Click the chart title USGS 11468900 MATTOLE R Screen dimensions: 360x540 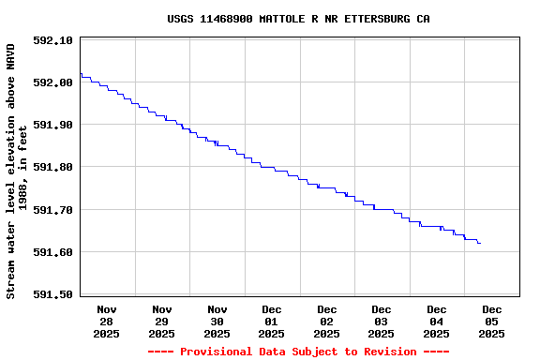(x=299, y=19)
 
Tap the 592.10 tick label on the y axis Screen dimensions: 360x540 (x=52, y=40)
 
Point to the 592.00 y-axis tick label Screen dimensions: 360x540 (x=52, y=82)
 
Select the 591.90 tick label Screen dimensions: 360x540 (x=52, y=125)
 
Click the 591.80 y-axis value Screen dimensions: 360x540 (x=52, y=167)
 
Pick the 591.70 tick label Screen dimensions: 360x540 (x=52, y=210)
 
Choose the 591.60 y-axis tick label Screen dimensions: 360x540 (x=52, y=252)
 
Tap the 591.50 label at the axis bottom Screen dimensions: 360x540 (x=52, y=294)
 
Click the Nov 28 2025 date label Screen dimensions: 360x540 (x=107, y=321)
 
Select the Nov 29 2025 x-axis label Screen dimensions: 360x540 (x=162, y=321)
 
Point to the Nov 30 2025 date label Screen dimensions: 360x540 (x=217, y=321)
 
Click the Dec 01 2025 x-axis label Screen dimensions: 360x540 (x=272, y=321)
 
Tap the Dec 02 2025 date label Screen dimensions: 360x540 (x=327, y=321)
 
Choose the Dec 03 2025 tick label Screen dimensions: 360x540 (x=382, y=321)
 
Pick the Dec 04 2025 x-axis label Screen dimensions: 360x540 (x=437, y=321)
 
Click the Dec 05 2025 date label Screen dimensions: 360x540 (x=492, y=321)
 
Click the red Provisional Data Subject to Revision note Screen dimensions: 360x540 (x=299, y=352)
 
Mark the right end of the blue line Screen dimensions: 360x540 (x=480, y=244)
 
